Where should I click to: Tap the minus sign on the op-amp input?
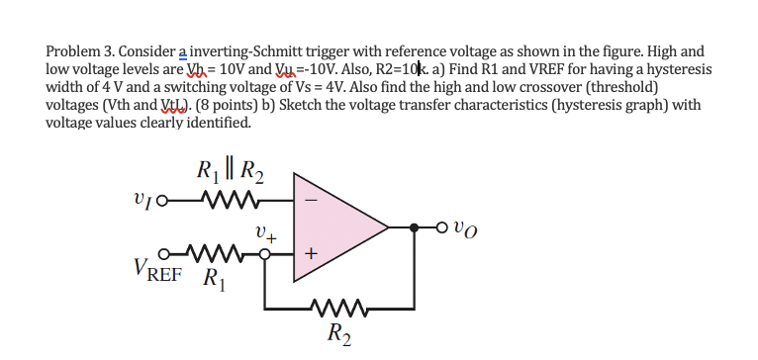pos(310,198)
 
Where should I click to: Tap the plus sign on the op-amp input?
pos(310,254)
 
